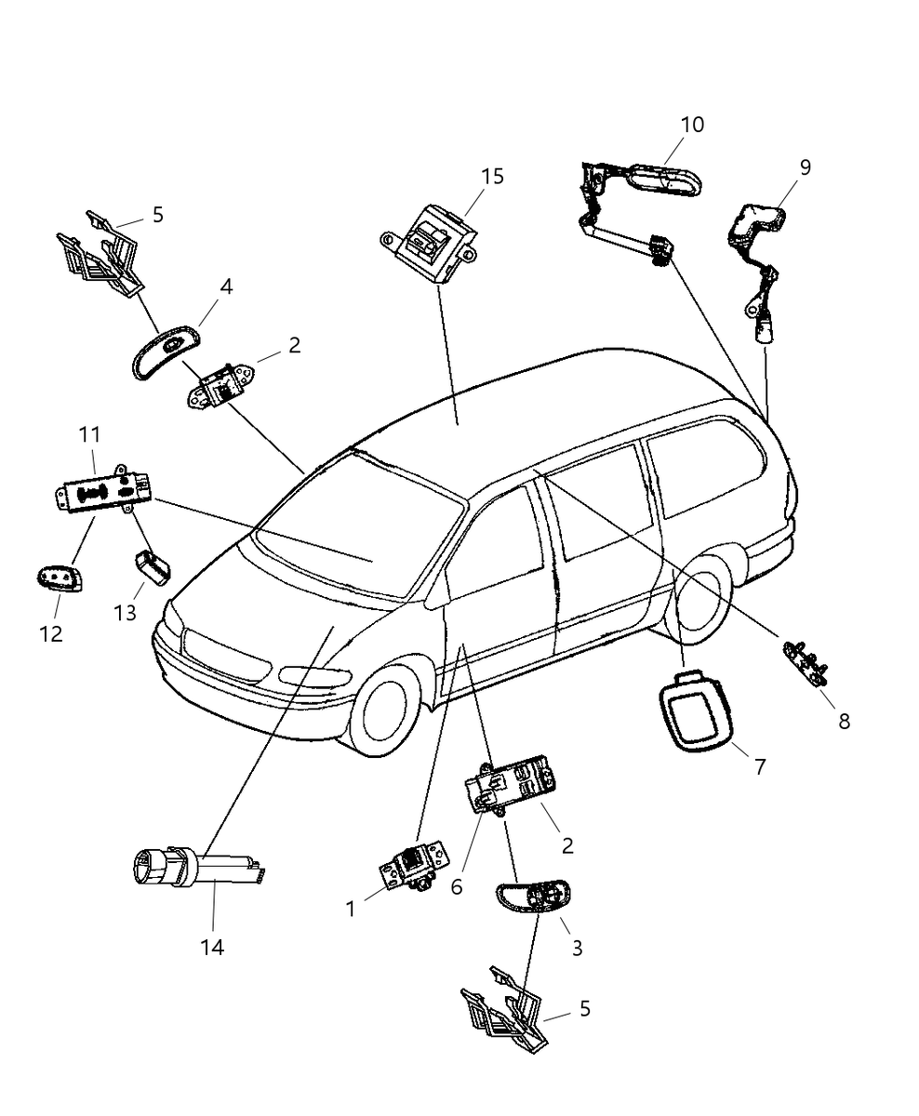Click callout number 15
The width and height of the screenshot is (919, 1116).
coord(493,176)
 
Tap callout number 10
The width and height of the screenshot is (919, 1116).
coord(692,125)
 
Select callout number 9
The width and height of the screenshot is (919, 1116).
coord(805,167)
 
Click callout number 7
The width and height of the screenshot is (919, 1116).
coord(760,766)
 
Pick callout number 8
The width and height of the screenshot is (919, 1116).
coord(844,720)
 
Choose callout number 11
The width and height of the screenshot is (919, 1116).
coord(89,434)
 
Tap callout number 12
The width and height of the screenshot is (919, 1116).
coord(51,633)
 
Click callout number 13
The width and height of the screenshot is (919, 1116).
coord(126,613)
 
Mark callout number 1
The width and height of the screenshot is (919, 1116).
coord(351,909)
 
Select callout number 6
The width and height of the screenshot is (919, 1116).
coord(457,886)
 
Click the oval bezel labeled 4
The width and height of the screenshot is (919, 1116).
coord(165,352)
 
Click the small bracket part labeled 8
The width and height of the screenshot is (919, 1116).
coord(805,662)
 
